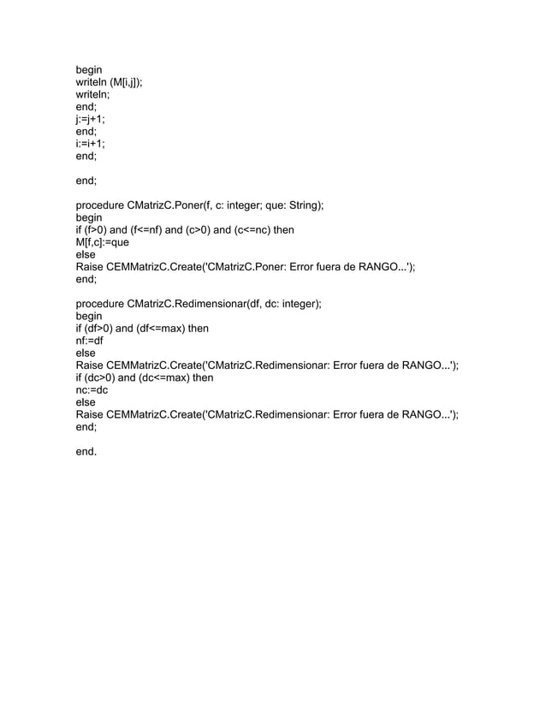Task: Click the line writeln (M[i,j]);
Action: pos(109,83)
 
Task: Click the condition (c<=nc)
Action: pos(253,230)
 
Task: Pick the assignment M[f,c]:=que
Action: pos(103,242)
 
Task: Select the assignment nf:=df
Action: pos(90,341)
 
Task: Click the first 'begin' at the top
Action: pos(89,70)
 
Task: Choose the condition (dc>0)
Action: pos(101,377)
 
